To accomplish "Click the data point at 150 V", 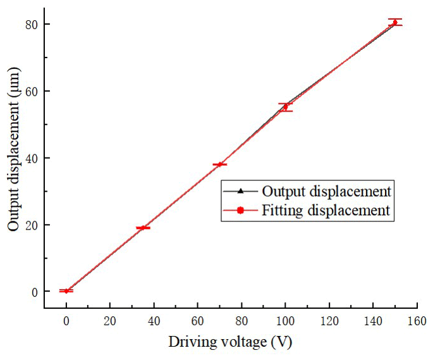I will pyautogui.click(x=395, y=23).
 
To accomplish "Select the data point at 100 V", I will pyautogui.click(x=285, y=107).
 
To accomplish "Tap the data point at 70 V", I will pyautogui.click(x=219, y=164).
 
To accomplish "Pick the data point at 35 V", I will pyautogui.click(x=143, y=228).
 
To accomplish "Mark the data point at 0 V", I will pyautogui.click(x=66, y=290).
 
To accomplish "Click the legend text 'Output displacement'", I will pyautogui.click(x=326, y=191).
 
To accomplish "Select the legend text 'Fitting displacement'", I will pyautogui.click(x=326, y=211).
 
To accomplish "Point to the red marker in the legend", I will pyautogui.click(x=240, y=211).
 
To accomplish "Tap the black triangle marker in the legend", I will pyautogui.click(x=240, y=191).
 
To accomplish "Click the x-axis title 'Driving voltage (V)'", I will pyautogui.click(x=230, y=342).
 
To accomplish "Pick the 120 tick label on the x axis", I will pyautogui.click(x=329, y=321).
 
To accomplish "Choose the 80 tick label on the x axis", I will pyautogui.click(x=241, y=321).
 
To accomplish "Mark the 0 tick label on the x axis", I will pyautogui.click(x=66, y=321).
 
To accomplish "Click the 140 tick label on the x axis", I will pyautogui.click(x=373, y=321).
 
